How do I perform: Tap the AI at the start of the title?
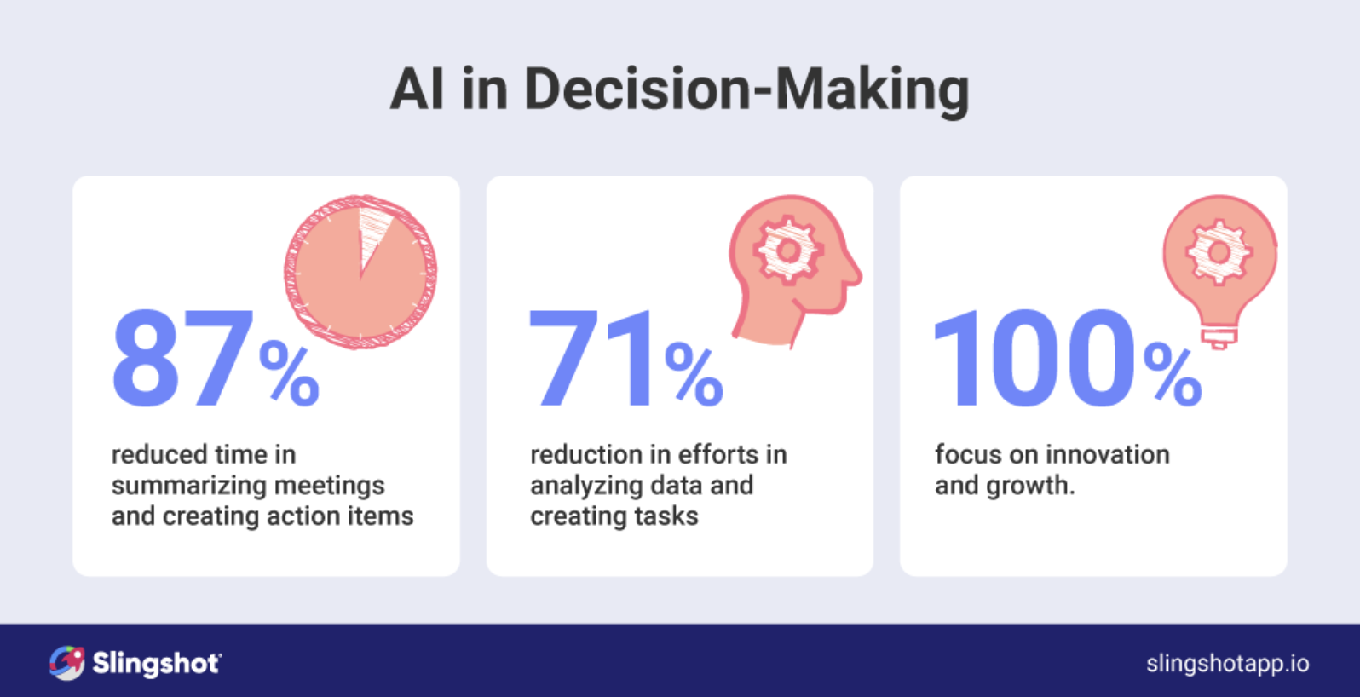(417, 89)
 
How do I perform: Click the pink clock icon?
(360, 272)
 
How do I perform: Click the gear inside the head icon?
(788, 251)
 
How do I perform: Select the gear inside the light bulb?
(1219, 252)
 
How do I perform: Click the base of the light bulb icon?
(1219, 337)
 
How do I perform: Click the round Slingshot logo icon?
(66, 663)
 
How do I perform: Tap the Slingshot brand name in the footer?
(157, 664)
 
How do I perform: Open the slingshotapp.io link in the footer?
(1228, 664)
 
